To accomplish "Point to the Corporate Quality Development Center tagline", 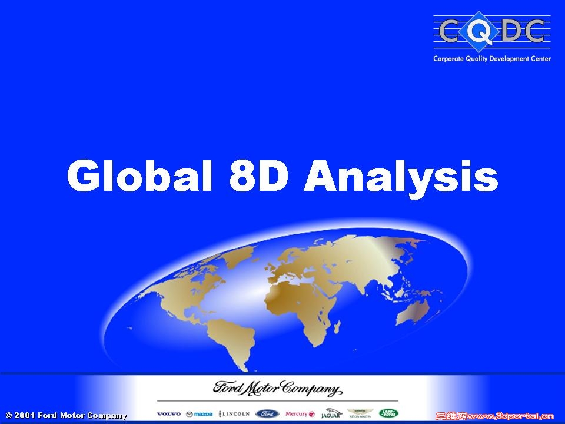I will point(492,59).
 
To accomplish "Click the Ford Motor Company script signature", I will point(277,389).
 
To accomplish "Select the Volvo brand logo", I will point(169,414).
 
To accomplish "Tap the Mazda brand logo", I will point(199,414).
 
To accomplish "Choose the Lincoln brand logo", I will point(234,414).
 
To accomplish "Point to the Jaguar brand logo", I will point(331,413).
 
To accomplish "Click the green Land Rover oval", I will point(389,413).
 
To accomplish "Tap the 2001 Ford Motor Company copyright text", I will point(67,416).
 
